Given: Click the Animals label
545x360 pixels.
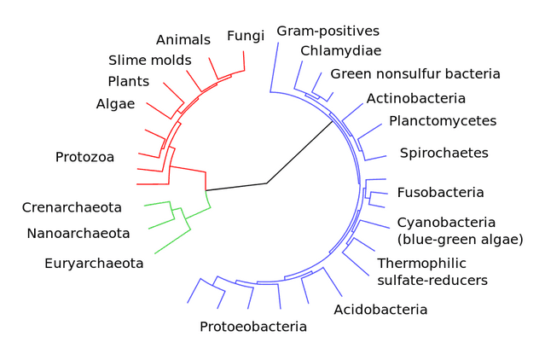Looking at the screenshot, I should click(x=183, y=40).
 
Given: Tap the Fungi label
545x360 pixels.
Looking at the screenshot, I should click(x=246, y=36).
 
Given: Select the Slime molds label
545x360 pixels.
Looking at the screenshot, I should click(x=150, y=61).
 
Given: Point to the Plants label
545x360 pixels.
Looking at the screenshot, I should click(x=128, y=82).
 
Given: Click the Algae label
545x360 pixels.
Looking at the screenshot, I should click(x=115, y=104).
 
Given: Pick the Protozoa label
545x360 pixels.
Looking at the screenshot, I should click(x=84, y=157).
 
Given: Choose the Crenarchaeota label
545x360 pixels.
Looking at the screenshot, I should click(x=72, y=207).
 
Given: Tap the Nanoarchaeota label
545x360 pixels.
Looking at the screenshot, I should click(x=78, y=233).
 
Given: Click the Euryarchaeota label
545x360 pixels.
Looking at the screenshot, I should click(x=94, y=263).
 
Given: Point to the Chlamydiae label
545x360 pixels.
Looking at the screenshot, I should click(x=340, y=51).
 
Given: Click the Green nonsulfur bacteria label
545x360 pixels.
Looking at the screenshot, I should click(x=415, y=74).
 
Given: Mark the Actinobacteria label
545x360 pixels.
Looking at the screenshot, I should click(x=415, y=98).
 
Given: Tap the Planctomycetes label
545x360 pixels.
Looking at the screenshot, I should click(x=442, y=121).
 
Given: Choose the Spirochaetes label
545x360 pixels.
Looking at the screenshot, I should click(x=444, y=154).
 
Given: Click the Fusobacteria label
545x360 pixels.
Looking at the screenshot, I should click(x=440, y=193).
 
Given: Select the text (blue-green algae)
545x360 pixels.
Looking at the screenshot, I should click(x=460, y=240).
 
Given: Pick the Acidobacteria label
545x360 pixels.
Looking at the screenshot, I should click(x=380, y=309).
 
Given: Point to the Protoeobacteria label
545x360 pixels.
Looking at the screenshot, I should click(x=252, y=326).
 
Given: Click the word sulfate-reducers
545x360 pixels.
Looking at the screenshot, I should click(x=432, y=280).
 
